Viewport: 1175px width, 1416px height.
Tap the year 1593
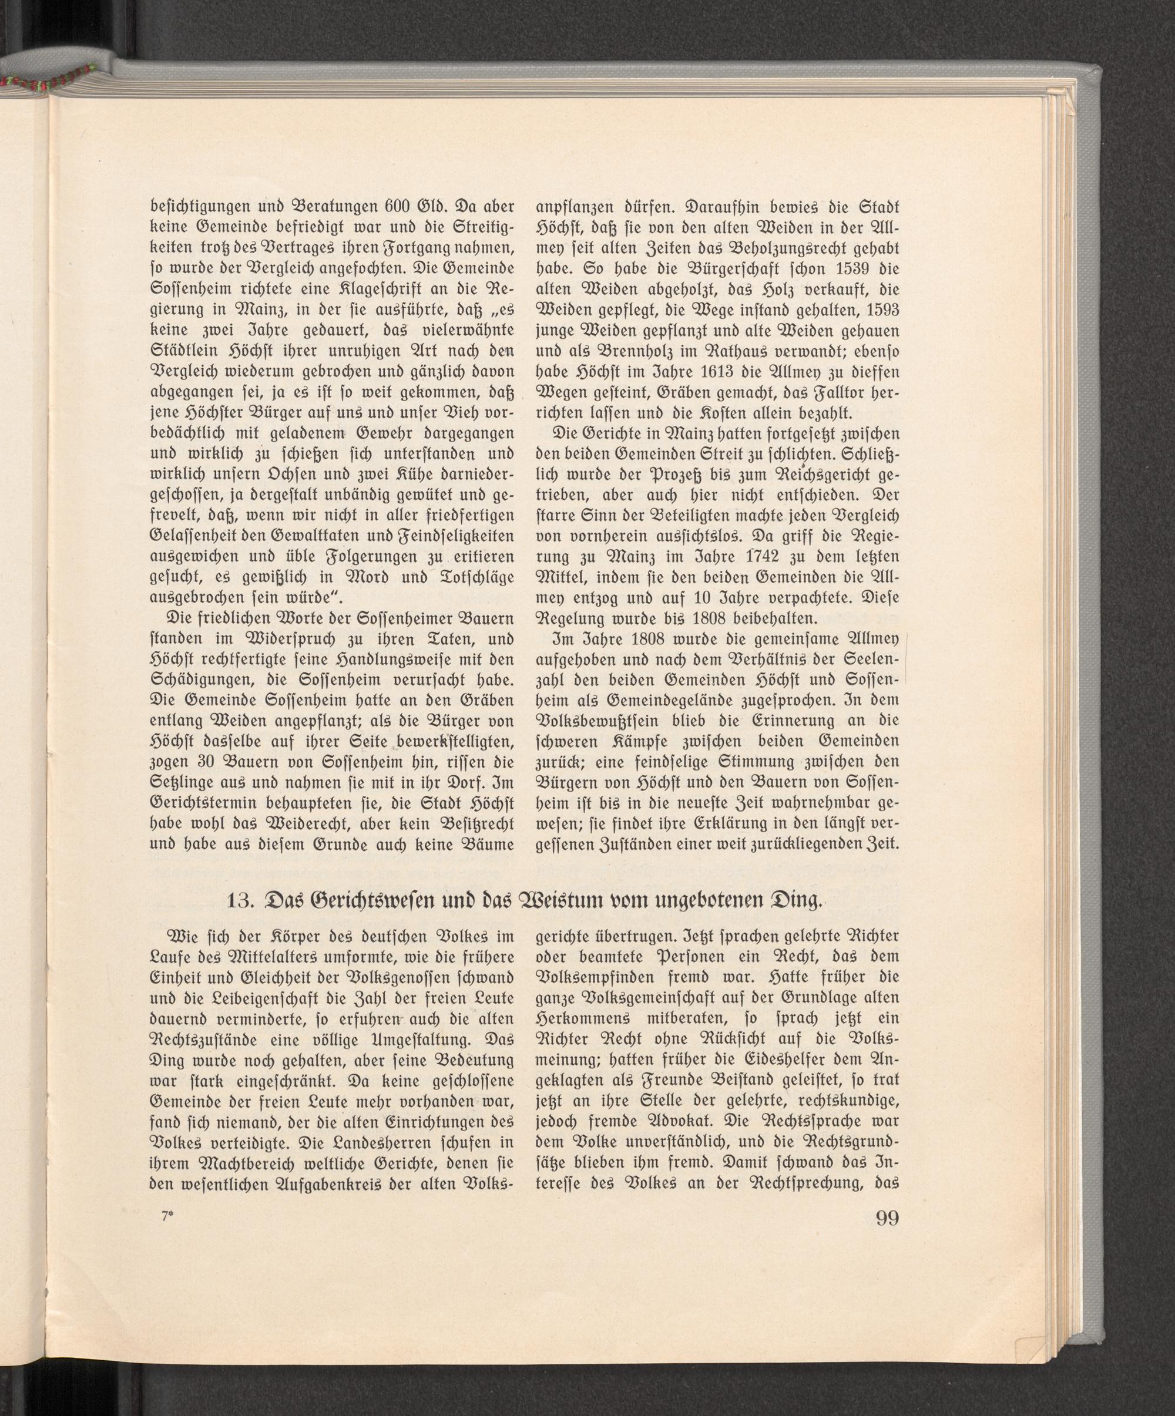tap(882, 310)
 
